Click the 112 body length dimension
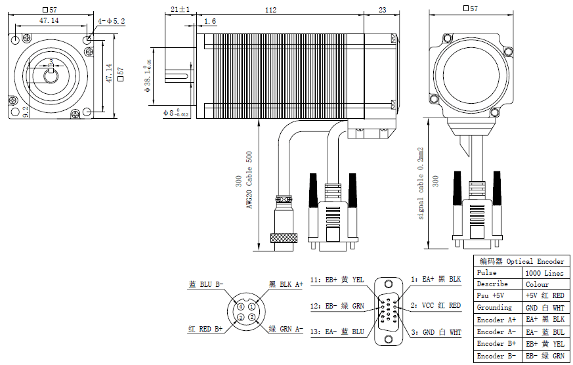tap(272, 10)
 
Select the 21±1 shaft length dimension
tap(179, 10)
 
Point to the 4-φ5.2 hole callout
tap(111, 21)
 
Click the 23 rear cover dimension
tap(382, 10)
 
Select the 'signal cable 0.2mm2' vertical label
tap(421, 182)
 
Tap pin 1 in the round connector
tap(251, 307)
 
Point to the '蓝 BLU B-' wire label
tap(206, 284)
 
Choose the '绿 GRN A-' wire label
tap(286, 329)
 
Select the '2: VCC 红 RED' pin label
tap(436, 305)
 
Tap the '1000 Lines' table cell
tap(544, 272)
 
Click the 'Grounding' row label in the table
tap(494, 308)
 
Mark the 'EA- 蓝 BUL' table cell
tap(544, 332)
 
